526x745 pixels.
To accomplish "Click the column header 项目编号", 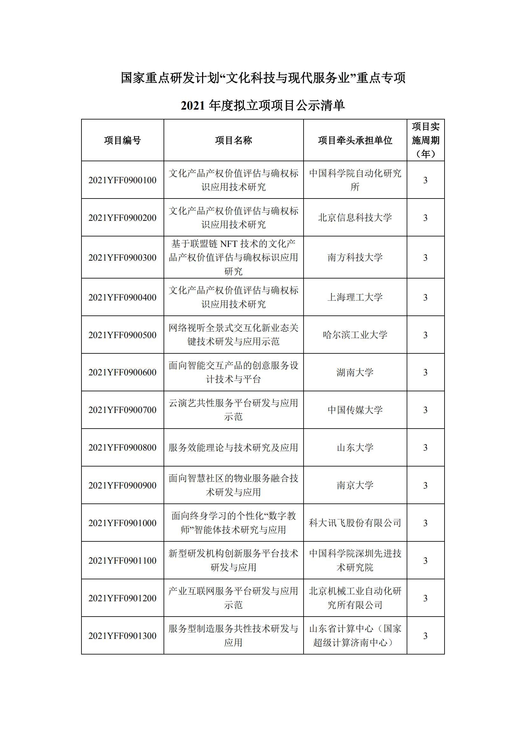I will pos(123,140).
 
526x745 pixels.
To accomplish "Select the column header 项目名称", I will pos(233,140).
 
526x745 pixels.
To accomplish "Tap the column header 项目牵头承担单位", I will pos(355,140).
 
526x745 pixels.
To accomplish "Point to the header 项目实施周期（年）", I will pos(425,140).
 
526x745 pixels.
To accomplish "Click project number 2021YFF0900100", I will pos(123,180).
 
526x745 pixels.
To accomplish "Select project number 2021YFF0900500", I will pos(123,335).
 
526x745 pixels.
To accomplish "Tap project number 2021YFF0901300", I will pos(123,636).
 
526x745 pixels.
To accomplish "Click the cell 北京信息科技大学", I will pos(355,217).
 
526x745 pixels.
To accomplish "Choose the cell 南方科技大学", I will pos(355,257).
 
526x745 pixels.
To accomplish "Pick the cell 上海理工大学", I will pos(355,297).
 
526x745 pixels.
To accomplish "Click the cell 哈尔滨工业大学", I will pos(355,335).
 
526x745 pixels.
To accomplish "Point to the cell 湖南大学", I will pos(355,372).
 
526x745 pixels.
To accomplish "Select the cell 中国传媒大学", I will pos(355,410).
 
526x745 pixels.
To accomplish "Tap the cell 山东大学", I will pos(355,447).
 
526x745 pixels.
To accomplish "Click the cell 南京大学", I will pos(355,485).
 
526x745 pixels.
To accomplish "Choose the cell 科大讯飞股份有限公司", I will pos(355,523).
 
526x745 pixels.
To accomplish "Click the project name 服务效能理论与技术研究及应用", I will pos(233,447).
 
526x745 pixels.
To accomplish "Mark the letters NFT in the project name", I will pos(229,243).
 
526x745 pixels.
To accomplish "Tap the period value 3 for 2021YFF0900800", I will pos(425,447).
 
